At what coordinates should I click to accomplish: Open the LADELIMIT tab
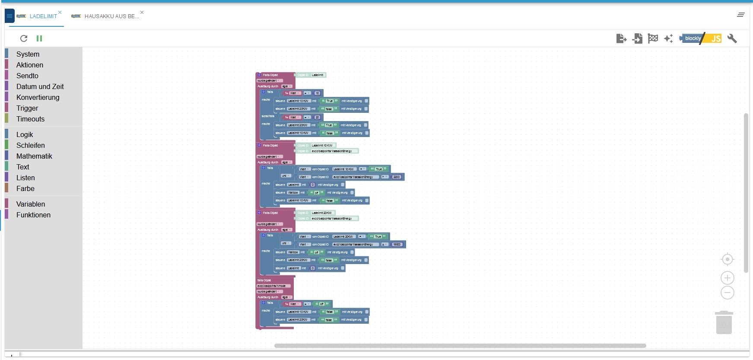tap(43, 16)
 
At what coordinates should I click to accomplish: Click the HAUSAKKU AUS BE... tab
tap(111, 16)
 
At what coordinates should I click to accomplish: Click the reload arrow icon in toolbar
tap(24, 38)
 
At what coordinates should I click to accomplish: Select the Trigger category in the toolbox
tap(27, 108)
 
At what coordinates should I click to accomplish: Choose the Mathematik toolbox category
tap(34, 156)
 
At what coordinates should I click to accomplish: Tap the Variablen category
tap(30, 204)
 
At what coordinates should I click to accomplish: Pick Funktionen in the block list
tap(33, 215)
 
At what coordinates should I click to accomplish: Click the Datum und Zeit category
tap(40, 86)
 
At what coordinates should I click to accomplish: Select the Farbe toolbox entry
tap(25, 188)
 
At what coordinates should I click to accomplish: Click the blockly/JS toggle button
tap(700, 38)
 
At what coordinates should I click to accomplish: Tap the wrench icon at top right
tap(732, 38)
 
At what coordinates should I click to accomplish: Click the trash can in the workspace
tap(724, 323)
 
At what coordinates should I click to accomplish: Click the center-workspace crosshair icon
tap(728, 259)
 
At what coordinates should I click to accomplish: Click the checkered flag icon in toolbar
tap(653, 38)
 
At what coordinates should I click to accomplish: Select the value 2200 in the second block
tap(397, 177)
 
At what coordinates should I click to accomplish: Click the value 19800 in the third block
tap(397, 245)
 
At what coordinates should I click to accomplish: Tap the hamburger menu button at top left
tap(10, 16)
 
